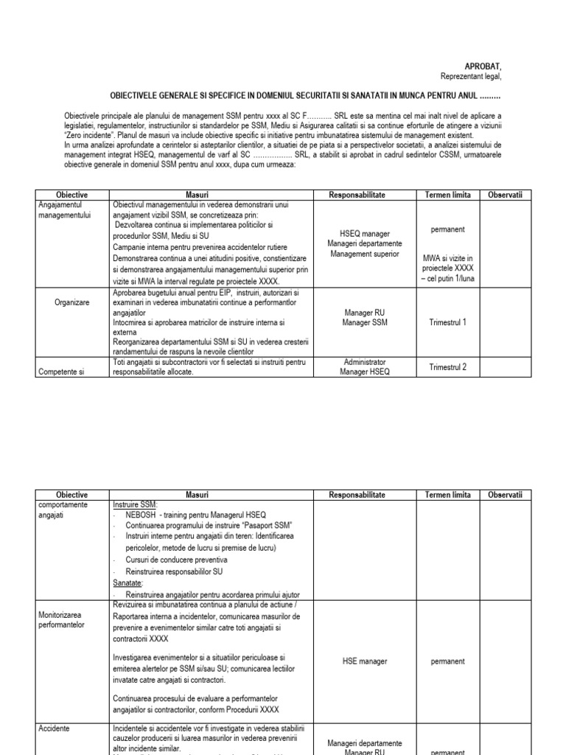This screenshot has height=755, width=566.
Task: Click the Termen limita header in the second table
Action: tap(448, 495)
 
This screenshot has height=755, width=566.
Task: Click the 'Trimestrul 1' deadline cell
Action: tap(448, 322)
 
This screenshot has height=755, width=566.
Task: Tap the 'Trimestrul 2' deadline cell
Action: tap(448, 367)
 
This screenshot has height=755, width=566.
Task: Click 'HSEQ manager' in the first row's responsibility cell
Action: tap(360, 234)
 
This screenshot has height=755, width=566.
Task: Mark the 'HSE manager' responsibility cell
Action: tap(360, 661)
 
